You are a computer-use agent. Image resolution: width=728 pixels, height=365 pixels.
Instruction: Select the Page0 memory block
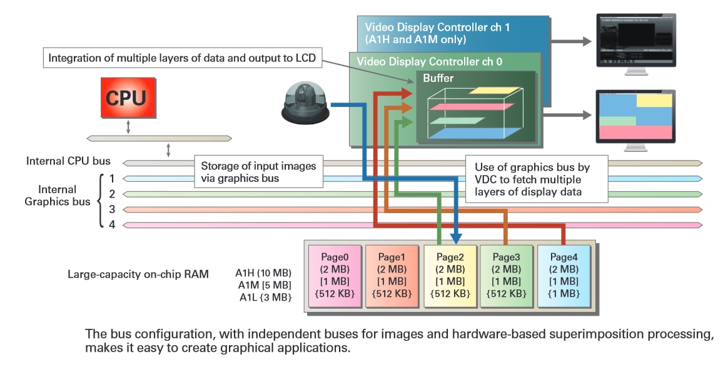point(336,276)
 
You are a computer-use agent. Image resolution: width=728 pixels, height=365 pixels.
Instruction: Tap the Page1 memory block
point(392,276)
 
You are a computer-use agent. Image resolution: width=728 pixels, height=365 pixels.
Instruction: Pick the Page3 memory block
point(507,276)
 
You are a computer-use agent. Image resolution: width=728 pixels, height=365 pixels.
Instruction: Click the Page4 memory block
point(563,276)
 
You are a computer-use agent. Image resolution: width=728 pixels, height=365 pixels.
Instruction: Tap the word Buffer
point(438,78)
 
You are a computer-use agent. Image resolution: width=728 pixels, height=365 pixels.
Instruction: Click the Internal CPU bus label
point(68,161)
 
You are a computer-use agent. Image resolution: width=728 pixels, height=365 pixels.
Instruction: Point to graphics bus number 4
point(112,224)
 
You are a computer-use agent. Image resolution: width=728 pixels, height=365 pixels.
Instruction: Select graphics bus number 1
point(112,178)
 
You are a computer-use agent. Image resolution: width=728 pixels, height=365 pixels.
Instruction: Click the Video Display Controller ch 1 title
point(428,27)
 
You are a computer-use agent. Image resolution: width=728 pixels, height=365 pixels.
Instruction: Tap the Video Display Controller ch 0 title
point(428,62)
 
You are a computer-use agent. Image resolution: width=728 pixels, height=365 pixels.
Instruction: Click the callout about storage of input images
point(258,172)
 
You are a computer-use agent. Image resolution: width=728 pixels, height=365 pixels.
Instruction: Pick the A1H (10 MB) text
point(264,273)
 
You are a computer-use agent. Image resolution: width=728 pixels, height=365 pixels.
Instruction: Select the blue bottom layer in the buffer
point(475,133)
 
